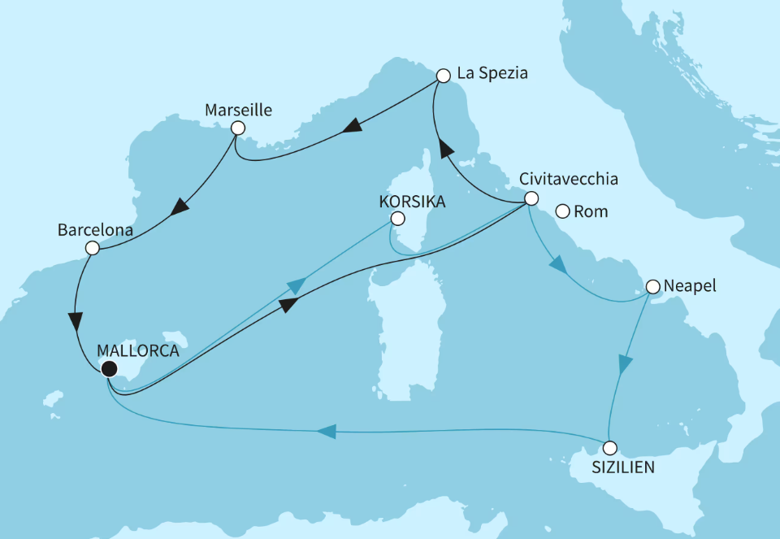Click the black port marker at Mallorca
coord(108,369)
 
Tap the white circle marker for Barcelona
coord(92,248)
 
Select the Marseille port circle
coord(237,128)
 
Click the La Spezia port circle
coord(443,76)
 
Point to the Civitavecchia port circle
coord(530,198)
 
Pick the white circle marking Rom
coord(561,212)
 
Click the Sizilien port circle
coord(609,447)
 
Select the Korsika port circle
coord(396,219)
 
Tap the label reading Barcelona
coord(94,230)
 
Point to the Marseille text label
coord(238,109)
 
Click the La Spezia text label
coord(492,73)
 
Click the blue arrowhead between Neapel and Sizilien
coord(624,364)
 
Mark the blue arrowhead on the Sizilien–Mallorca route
coord(327,433)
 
